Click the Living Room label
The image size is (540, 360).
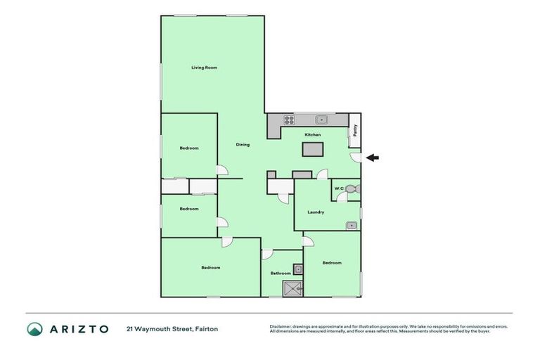coord(204,67)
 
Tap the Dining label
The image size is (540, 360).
coord(243,145)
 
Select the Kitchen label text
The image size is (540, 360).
coord(312,134)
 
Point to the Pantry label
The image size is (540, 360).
coord(355,130)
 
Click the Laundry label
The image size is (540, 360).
coord(316,212)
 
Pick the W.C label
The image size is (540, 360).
coord(338,188)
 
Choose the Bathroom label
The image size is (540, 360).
coord(281,273)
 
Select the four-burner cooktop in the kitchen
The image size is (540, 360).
coord(288,119)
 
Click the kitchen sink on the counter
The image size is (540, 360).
coord(321,119)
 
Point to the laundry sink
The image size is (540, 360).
coord(351,225)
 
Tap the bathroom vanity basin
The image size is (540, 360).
coord(297,268)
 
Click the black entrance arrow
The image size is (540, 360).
coord(373,157)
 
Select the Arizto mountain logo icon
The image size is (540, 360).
coord(34,328)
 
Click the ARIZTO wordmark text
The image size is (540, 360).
coord(78,328)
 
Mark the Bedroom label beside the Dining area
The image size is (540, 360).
coord(188,148)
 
